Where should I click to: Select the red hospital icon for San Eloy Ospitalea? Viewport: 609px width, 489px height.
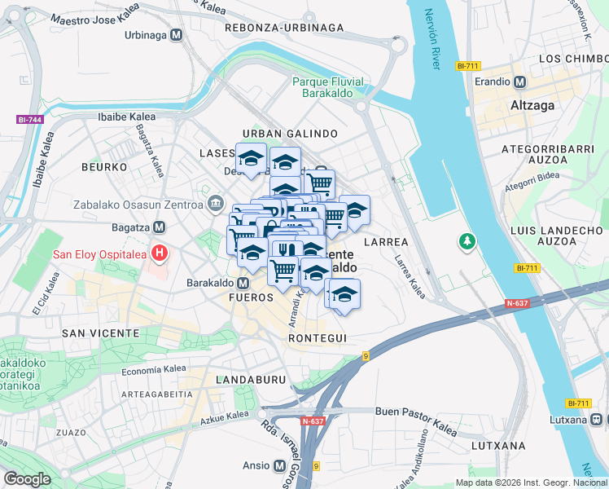point(160,253)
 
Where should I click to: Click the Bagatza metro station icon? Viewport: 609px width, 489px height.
point(160,227)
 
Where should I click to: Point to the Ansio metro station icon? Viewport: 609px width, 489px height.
point(280,466)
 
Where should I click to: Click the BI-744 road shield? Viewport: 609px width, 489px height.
point(29,120)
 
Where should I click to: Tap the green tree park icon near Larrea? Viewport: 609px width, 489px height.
point(467,242)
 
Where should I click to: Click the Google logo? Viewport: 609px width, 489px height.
point(26,479)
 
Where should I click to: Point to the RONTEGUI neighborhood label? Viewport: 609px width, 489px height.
point(318,338)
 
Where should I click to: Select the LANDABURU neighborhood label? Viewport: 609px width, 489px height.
point(250,380)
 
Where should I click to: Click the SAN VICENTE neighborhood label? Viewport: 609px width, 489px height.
point(101,333)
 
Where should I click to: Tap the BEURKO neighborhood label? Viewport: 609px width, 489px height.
point(103,166)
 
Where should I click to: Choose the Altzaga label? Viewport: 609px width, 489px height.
point(532,105)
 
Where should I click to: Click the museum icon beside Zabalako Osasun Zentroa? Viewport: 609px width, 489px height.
point(216,203)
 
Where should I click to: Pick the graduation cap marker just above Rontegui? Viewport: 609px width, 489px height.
point(345,294)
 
